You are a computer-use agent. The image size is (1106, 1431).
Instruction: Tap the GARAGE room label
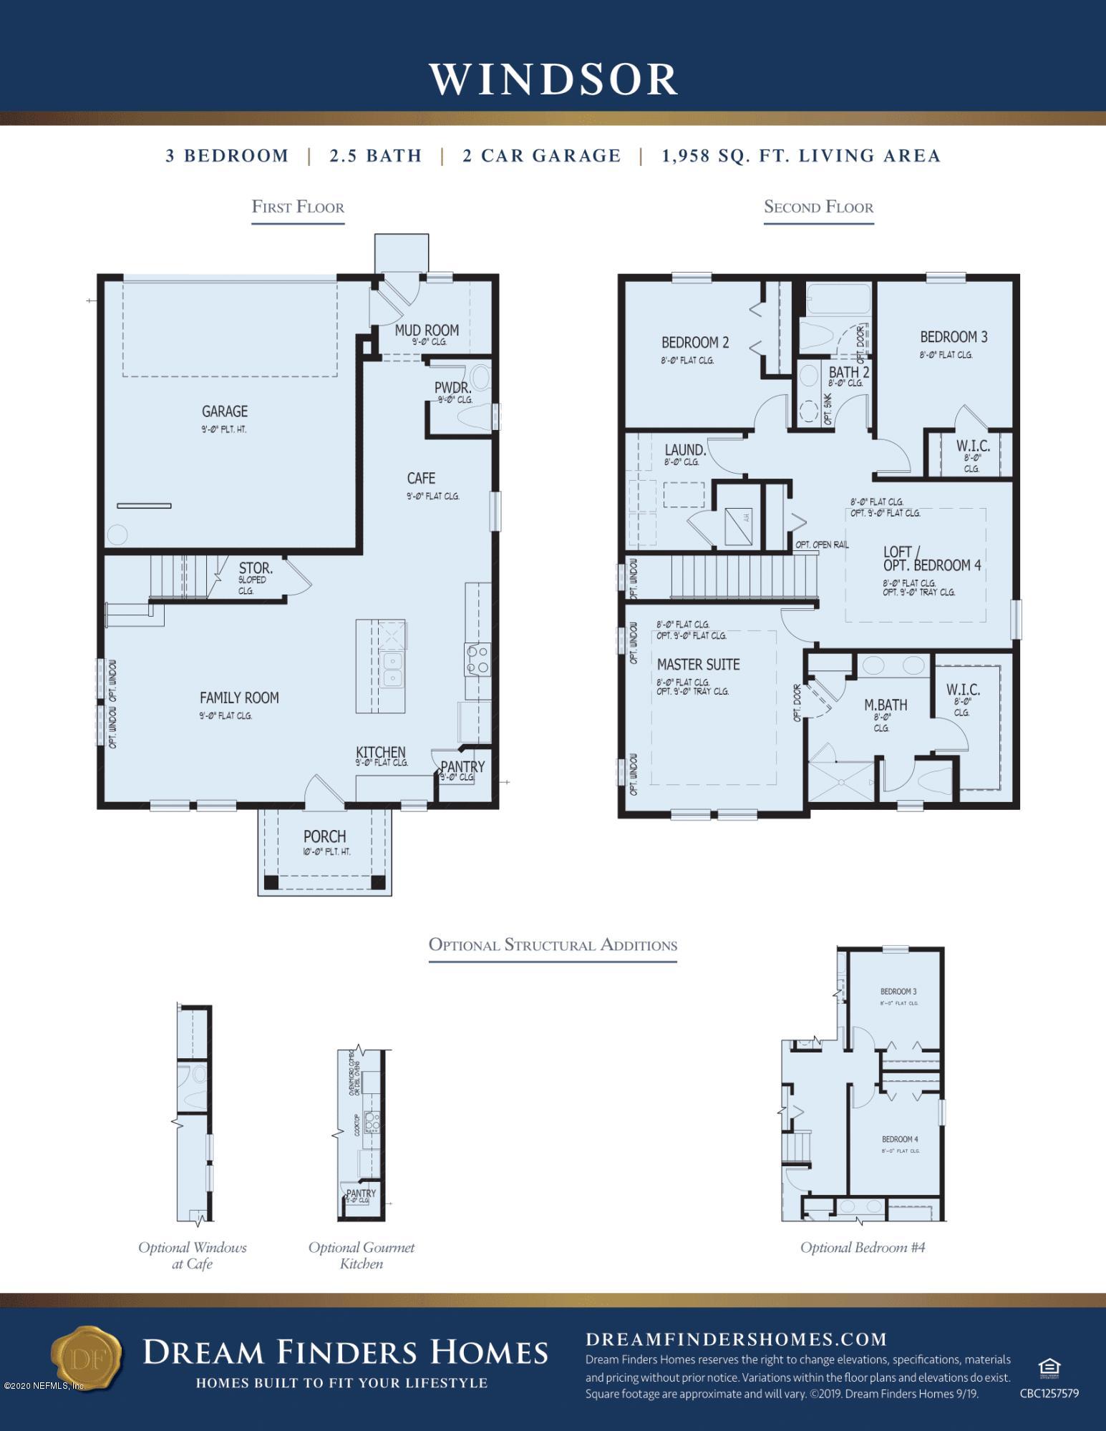[x=224, y=411]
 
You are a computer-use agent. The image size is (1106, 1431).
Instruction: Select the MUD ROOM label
[x=427, y=330]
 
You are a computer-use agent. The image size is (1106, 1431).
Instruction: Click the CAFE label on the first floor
[x=421, y=478]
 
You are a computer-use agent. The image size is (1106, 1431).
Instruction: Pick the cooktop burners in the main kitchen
[x=477, y=660]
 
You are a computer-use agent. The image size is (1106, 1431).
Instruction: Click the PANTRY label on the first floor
[x=462, y=766]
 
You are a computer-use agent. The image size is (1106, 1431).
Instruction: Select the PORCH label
[x=324, y=836]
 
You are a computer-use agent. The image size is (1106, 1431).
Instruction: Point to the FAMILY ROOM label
[x=239, y=698]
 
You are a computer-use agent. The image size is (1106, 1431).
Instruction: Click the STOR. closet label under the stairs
[x=255, y=569]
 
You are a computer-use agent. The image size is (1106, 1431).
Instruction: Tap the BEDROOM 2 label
[x=694, y=343]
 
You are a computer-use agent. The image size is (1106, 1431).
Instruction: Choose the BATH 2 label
[x=849, y=372]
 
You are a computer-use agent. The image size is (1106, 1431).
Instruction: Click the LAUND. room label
[x=685, y=450]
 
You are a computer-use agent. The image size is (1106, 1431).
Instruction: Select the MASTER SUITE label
[x=698, y=665]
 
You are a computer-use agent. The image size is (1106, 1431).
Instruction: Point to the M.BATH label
[x=886, y=705]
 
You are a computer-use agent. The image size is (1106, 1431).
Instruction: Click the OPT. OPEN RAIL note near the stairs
[x=822, y=544]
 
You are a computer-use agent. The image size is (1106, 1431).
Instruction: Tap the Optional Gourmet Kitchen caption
[x=362, y=1255]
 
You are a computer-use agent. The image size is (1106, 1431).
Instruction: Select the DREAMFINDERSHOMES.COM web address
[x=736, y=1339]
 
